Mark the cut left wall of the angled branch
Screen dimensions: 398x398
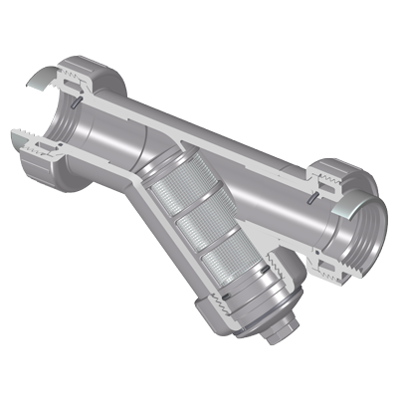(x=169, y=239)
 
